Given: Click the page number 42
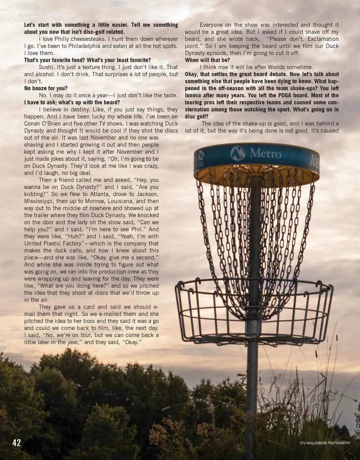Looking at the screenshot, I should coord(16,443).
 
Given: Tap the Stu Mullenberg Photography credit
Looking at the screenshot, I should coord(325,443).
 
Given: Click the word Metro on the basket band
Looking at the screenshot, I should coord(265,153).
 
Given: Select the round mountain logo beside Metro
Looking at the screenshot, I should coord(238,153).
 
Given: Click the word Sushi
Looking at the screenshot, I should coord(47,67).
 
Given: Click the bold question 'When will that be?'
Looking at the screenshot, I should coord(207,60).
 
